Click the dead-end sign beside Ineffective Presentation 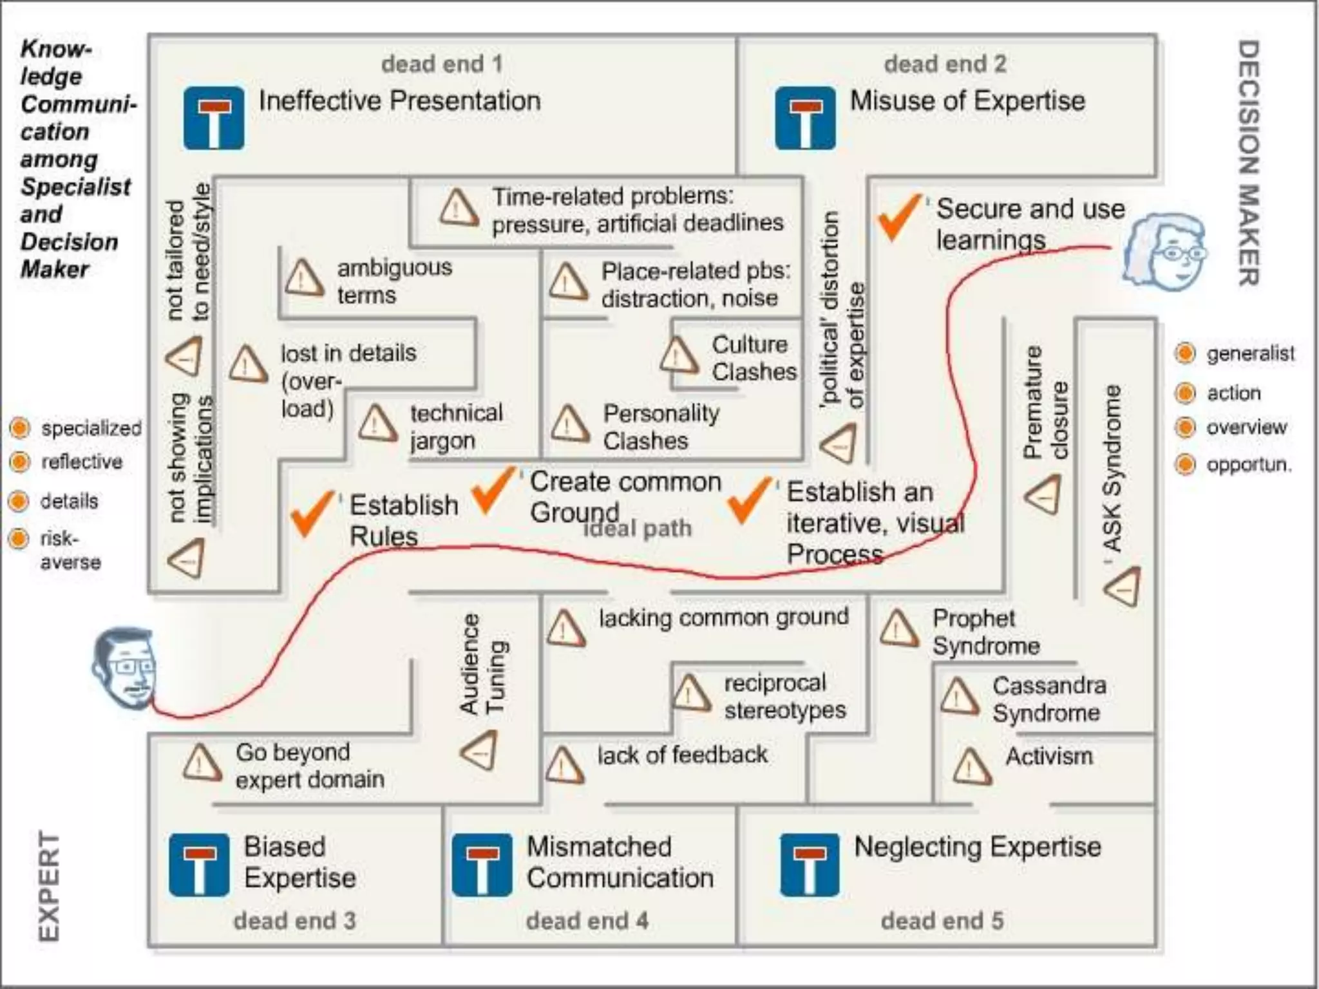coord(213,118)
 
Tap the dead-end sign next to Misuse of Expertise coord(805,118)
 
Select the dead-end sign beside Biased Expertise coord(199,865)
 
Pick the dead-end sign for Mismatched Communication coord(482,865)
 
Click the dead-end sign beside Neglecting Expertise coord(809,865)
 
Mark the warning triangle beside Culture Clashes coord(678,356)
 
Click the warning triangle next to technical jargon coord(377,424)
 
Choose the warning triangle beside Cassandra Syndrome coord(959,697)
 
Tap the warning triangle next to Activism coord(971,766)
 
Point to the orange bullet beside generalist coord(1185,353)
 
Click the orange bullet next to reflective coord(20,462)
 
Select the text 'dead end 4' coord(587,921)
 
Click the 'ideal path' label coord(638,529)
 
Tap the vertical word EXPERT coord(49,888)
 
